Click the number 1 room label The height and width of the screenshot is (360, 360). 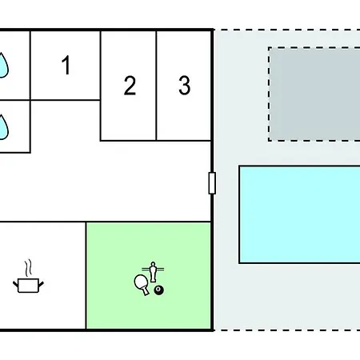pos(66,65)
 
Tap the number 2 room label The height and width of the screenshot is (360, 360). pos(130,86)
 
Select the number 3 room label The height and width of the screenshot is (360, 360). pos(185,86)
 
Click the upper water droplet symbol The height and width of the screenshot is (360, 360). pos(3,65)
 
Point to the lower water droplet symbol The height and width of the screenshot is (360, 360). pos(3,127)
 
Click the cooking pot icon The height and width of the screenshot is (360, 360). pos(28,286)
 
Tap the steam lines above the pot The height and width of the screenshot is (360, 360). pos(29,268)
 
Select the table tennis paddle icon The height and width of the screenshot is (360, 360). pos(142,284)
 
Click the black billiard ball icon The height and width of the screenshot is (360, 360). pos(159,290)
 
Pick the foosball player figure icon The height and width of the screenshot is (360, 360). pos(153,271)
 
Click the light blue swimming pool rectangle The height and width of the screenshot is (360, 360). pos(299,214)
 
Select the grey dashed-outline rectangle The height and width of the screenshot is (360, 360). pos(314,94)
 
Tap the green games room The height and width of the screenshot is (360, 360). pos(149,276)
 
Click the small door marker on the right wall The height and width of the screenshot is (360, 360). pos(212,183)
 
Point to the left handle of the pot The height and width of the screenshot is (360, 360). pos(15,284)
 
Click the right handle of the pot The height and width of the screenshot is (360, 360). pos(41,284)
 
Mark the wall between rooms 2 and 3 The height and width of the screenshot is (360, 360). pos(156,86)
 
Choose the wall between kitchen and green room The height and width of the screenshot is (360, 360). pos(86,276)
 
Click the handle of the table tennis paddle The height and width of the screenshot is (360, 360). pos(146,291)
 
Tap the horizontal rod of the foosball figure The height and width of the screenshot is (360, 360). pos(153,269)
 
